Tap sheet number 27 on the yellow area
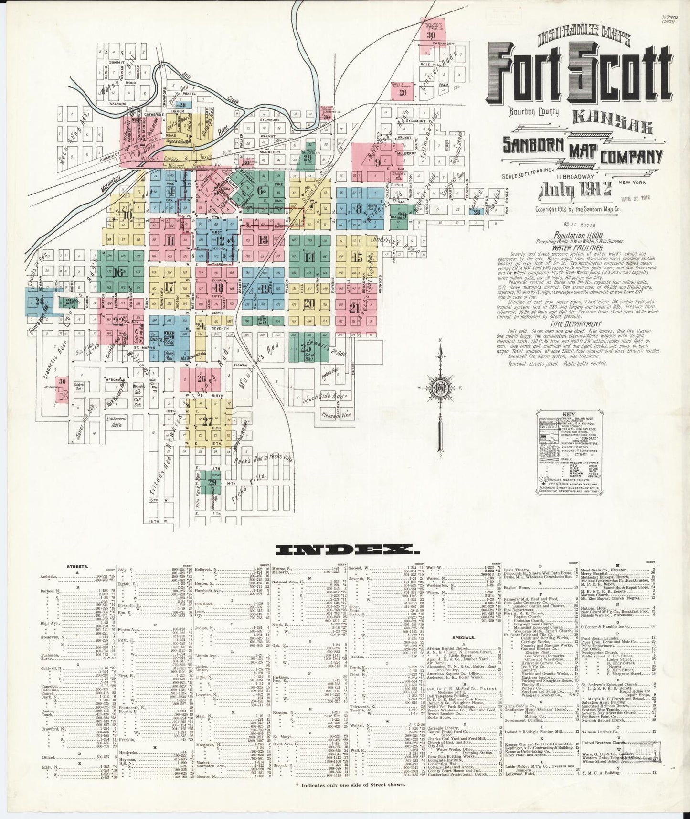(207, 421)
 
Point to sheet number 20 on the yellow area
(309, 302)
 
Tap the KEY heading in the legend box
(569, 415)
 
